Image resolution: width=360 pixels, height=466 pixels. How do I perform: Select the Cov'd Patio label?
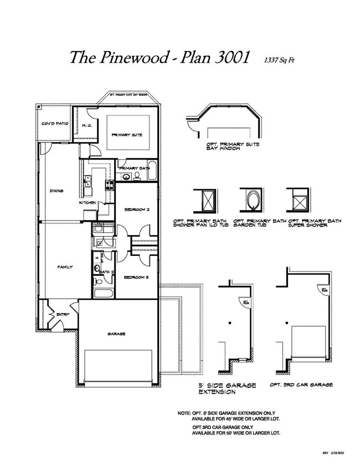(54, 124)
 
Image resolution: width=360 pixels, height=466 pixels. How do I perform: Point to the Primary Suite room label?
(127, 135)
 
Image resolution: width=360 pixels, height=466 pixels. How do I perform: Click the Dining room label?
(56, 191)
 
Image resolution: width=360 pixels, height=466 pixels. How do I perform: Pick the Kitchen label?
(88, 203)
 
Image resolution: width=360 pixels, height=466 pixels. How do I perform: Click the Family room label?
(65, 267)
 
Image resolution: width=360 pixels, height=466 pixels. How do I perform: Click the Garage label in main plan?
(116, 334)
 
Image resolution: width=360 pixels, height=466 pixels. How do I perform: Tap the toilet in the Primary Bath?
(137, 177)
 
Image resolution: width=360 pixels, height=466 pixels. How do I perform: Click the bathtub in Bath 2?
(104, 294)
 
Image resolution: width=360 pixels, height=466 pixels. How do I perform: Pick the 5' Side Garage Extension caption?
(227, 388)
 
